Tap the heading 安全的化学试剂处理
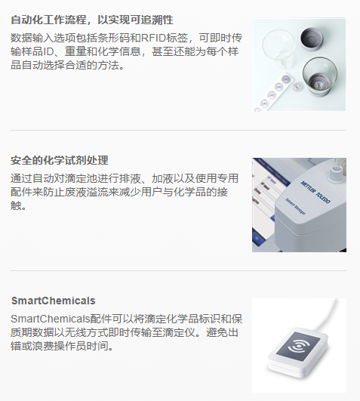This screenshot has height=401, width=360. point(60,160)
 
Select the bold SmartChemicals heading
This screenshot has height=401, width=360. point(53,301)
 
